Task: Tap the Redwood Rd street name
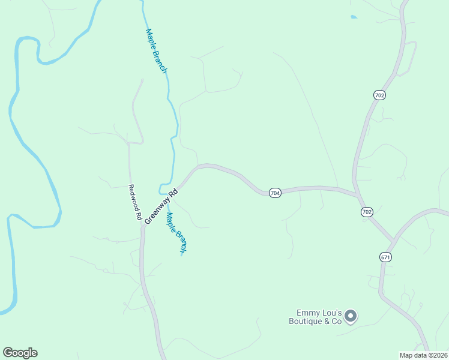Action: pos(134,201)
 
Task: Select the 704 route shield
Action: pos(275,193)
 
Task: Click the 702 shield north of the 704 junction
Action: pos(379,95)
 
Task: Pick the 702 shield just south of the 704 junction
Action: pos(367,212)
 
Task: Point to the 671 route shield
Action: pos(385,257)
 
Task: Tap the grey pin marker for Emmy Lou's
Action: pos(351,316)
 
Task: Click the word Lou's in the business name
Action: pos(333,313)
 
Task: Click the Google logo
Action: pos(20,353)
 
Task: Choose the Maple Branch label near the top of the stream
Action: pos(156,52)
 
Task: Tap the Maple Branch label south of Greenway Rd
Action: pos(176,232)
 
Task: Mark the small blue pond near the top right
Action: pos(353,17)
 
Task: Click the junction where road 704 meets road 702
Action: pos(358,195)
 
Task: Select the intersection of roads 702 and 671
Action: pos(393,241)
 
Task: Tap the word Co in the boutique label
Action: pos(336,322)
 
